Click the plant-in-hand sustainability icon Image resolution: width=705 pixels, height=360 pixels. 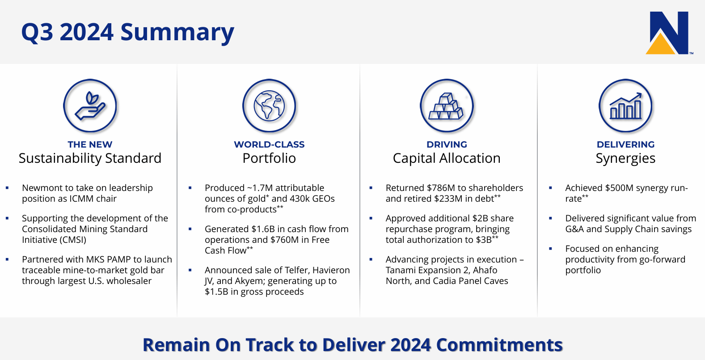pyautogui.click(x=90, y=106)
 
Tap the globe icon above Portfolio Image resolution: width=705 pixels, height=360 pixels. pyautogui.click(x=269, y=106)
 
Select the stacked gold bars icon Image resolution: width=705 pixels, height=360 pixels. pyautogui.click(x=447, y=106)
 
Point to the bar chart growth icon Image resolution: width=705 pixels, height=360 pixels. pyautogui.click(x=625, y=106)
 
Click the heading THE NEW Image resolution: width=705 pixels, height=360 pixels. pyautogui.click(x=90, y=144)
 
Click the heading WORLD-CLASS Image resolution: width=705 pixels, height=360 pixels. pyautogui.click(x=269, y=144)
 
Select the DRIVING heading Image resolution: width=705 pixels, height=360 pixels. pyautogui.click(x=447, y=144)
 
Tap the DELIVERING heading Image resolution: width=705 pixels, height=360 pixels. pyautogui.click(x=625, y=144)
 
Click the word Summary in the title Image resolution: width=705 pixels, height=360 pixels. pyautogui.click(x=177, y=33)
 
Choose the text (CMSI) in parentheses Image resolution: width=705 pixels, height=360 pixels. pyautogui.click(x=72, y=240)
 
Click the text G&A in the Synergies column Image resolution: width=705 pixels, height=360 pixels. pyautogui.click(x=574, y=229)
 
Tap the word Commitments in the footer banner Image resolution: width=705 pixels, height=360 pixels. pyautogui.click(x=499, y=345)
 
